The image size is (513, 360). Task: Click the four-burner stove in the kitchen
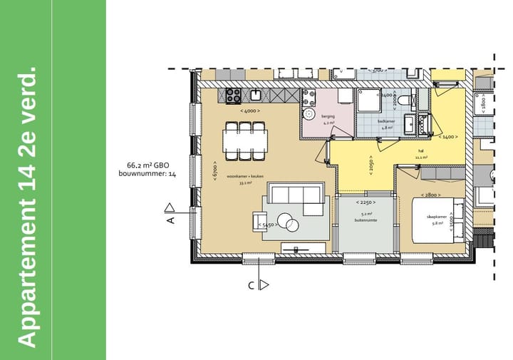[234, 94]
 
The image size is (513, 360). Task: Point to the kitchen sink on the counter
[254, 94]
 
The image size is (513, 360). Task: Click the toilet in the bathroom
[404, 101]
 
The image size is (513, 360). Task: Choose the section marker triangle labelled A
[170, 209]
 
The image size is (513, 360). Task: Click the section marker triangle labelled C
[264, 286]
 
